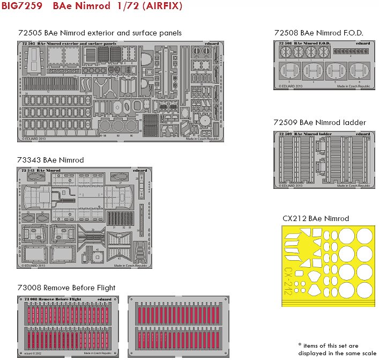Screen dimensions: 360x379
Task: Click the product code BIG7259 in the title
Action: pyautogui.click(x=22, y=8)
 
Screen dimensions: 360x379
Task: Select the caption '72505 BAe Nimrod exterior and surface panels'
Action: pyautogui.click(x=99, y=33)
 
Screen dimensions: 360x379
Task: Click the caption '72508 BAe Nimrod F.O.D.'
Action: pyautogui.click(x=318, y=33)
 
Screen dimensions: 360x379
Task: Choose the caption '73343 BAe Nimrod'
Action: pyautogui.click(x=51, y=160)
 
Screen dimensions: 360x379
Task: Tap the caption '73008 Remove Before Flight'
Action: pyautogui.click(x=67, y=288)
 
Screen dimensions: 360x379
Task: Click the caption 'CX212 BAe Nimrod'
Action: pyautogui.click(x=316, y=218)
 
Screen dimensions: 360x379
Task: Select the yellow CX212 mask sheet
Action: pyautogui.click(x=328, y=266)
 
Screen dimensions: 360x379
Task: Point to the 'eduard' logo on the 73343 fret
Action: pyautogui.click(x=139, y=170)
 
